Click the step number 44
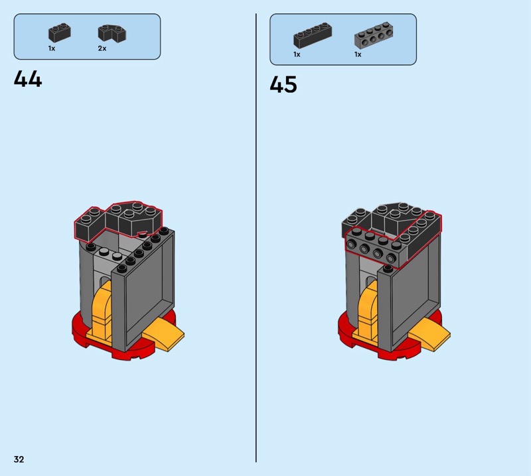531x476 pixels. [28, 79]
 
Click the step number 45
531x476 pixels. [283, 84]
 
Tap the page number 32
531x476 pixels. [19, 459]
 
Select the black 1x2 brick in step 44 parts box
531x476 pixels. [60, 32]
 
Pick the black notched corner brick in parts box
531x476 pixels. [112, 33]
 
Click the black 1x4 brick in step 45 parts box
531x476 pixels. [313, 35]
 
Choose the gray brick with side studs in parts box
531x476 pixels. [374, 35]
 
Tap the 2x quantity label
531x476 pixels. [102, 48]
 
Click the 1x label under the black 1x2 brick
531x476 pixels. [52, 48]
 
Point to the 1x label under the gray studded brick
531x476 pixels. [358, 54]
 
